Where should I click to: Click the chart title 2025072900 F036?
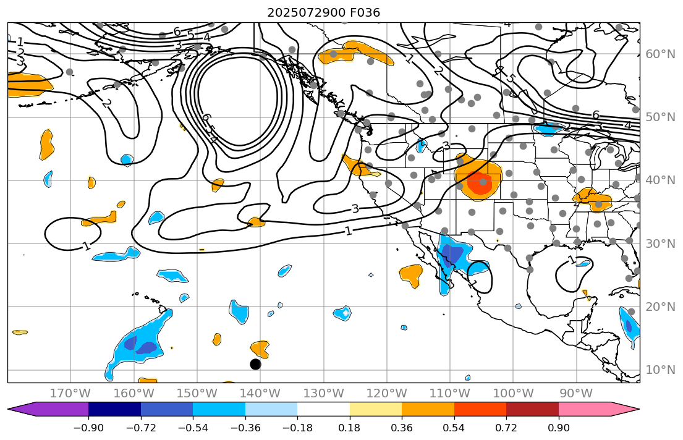coord(323,12)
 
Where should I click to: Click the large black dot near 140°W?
coord(255,364)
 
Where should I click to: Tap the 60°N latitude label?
coord(660,54)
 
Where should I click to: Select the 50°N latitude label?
coord(660,117)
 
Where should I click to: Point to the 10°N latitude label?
coord(660,370)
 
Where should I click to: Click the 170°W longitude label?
coord(70,394)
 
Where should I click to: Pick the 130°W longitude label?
coord(323,394)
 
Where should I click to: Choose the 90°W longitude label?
coord(576,394)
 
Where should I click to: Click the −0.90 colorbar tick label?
coord(88,428)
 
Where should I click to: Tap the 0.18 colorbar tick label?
coord(350,428)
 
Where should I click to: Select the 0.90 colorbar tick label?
coord(559,428)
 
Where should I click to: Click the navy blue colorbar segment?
coord(114,409)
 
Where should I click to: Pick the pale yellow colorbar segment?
coord(376,409)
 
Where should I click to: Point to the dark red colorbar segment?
coord(532,409)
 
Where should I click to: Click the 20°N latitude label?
coord(660,307)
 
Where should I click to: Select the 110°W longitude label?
coord(450,394)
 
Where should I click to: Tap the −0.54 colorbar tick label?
coord(193,428)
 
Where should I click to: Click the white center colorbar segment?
coord(323,409)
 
